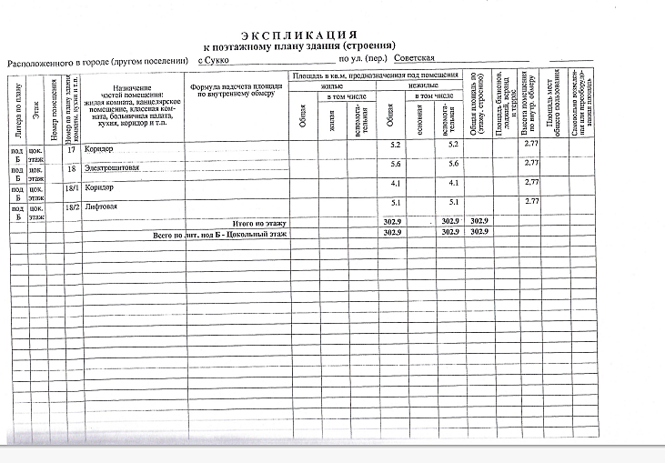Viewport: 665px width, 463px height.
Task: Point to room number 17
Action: click(x=71, y=147)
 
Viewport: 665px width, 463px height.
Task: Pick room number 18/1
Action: click(x=71, y=187)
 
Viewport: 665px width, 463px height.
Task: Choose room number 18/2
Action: click(x=71, y=207)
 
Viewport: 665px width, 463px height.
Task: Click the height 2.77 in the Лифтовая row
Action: click(x=532, y=201)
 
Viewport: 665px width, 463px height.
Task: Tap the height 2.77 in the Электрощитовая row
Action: click(x=532, y=162)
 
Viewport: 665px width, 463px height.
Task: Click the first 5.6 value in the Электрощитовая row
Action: click(x=394, y=164)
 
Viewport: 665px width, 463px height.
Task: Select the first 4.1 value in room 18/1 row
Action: click(x=394, y=184)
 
